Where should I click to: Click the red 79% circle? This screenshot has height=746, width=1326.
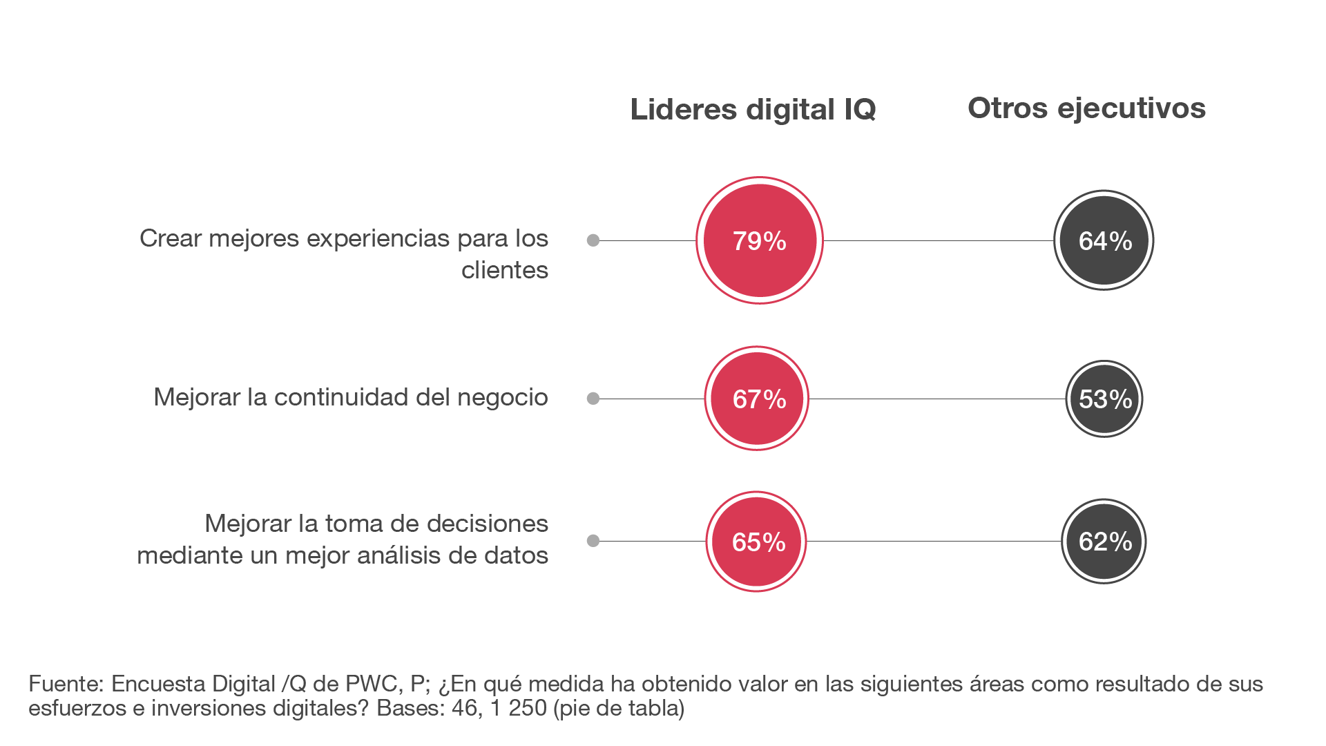(759, 240)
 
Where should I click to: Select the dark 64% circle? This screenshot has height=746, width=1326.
(1104, 240)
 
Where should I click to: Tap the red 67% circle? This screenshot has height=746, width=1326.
(757, 399)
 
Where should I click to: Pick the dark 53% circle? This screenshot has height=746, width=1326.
(1104, 399)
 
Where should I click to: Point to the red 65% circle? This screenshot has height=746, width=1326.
(756, 542)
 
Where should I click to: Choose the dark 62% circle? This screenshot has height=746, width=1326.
(1104, 542)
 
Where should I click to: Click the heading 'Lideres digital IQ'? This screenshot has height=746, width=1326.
(753, 109)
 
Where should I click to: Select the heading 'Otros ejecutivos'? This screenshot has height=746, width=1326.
(1086, 108)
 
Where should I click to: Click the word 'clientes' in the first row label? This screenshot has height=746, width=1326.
(504, 270)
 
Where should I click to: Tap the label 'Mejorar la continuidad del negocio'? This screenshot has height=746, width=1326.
(350, 397)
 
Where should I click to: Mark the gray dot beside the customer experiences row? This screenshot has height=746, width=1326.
(593, 240)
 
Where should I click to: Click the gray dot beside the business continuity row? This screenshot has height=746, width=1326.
(593, 399)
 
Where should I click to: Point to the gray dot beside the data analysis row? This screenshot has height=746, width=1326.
(593, 541)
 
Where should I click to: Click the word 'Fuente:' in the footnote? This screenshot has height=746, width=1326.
(66, 684)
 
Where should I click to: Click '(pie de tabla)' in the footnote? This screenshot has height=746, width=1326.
(619, 708)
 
